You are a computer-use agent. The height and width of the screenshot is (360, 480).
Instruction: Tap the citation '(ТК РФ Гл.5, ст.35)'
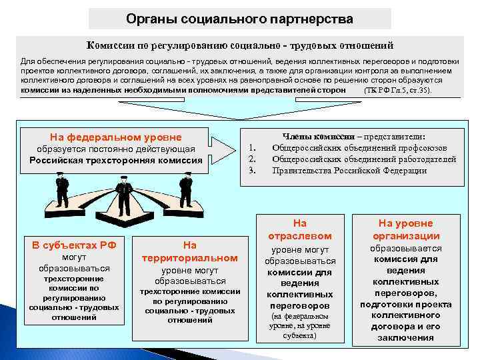398,89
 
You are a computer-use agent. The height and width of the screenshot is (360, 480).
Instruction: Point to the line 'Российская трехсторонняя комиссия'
116,160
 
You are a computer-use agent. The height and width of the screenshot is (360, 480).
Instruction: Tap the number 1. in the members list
252,148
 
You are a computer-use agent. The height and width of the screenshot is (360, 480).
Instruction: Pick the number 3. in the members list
252,170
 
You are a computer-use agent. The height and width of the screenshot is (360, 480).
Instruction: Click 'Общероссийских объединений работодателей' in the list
364,159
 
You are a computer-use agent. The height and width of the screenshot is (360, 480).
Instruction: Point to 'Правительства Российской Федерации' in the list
349,170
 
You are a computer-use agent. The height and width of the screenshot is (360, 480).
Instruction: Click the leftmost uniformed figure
62,190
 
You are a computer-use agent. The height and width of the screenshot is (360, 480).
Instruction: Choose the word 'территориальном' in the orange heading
190,257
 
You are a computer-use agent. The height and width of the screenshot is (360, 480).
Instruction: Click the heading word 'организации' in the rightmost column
405,235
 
